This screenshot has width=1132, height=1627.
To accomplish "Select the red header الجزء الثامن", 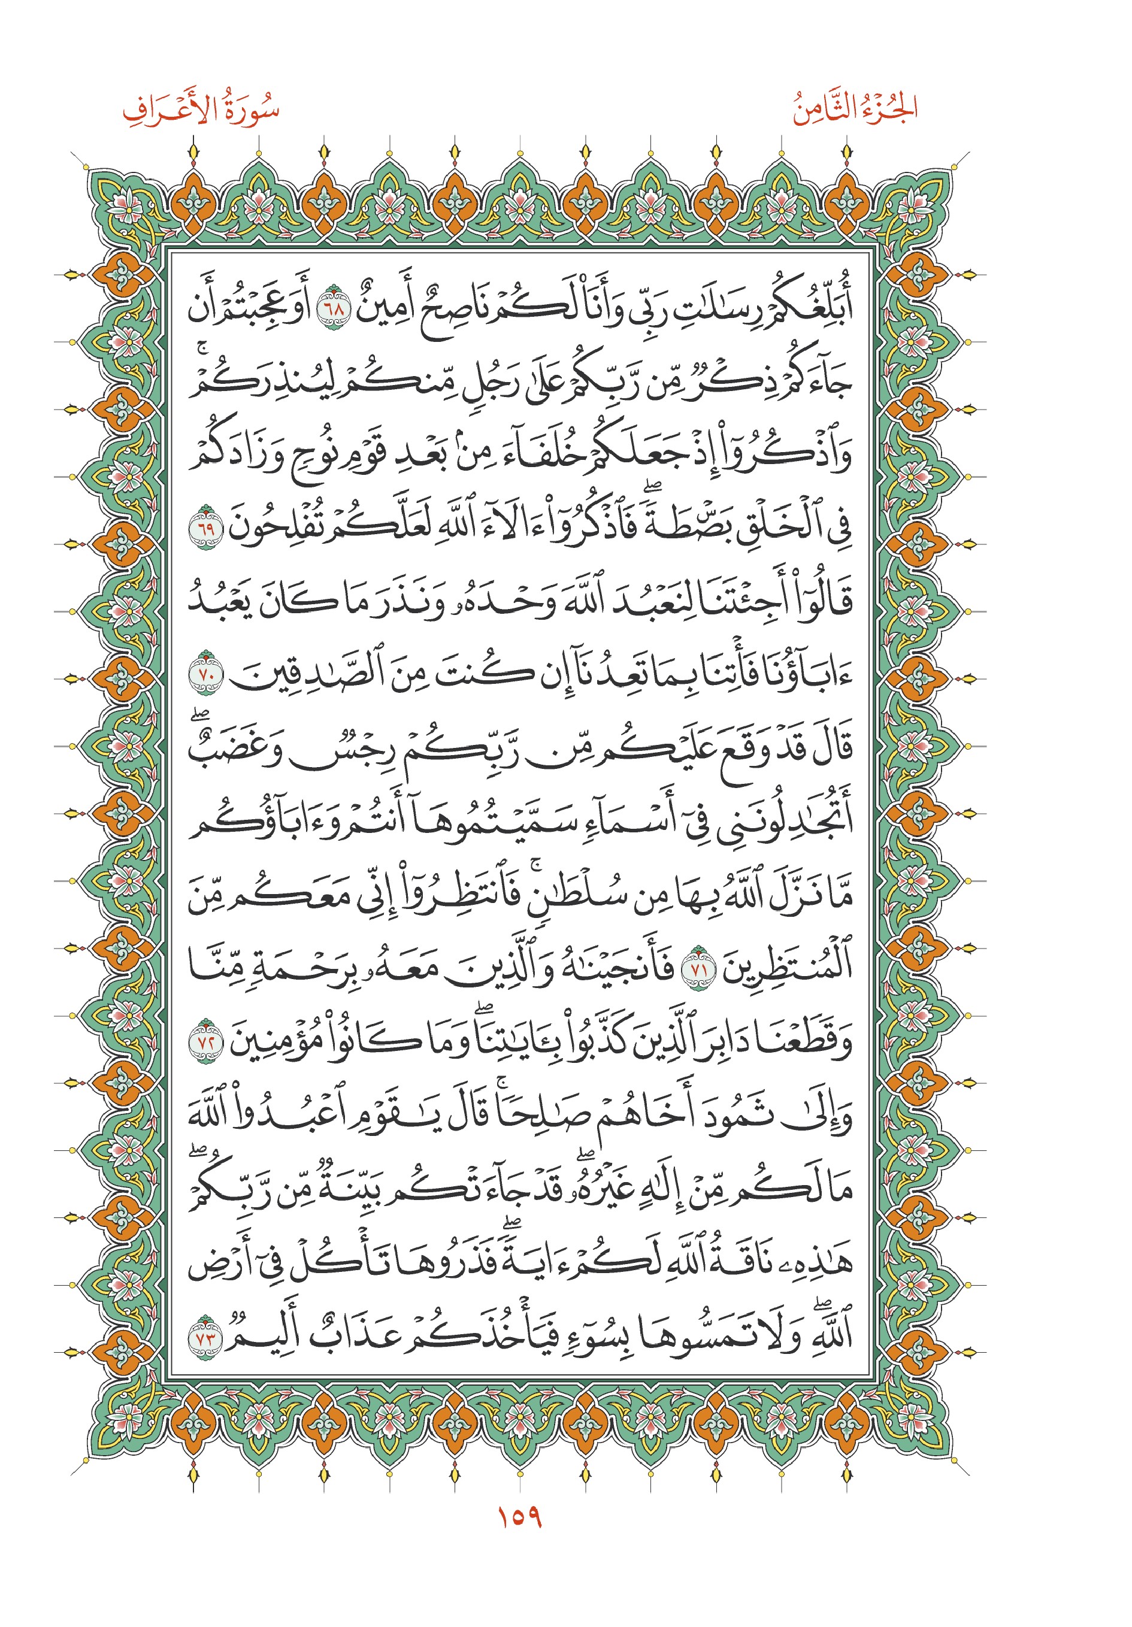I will coord(854,110).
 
